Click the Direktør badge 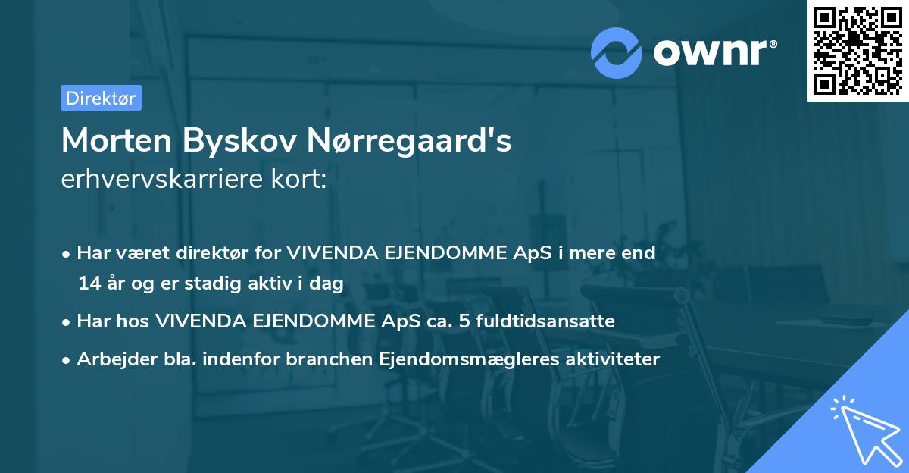(101, 98)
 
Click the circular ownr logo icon (617, 52)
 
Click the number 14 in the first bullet (88, 284)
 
